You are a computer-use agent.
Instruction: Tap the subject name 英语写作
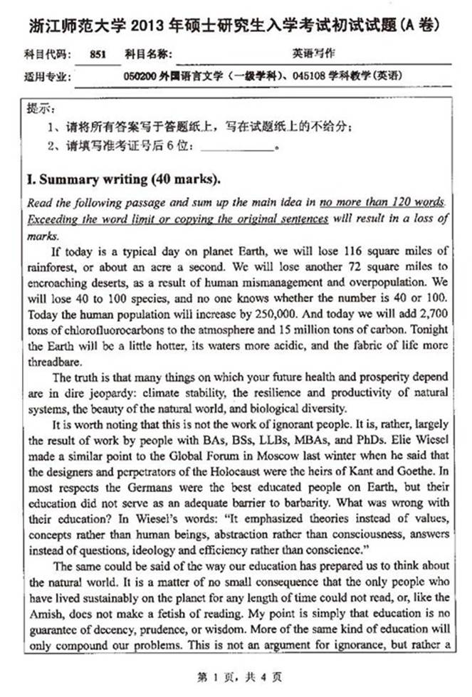tap(307, 53)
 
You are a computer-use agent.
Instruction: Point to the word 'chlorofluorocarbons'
tap(105, 329)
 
